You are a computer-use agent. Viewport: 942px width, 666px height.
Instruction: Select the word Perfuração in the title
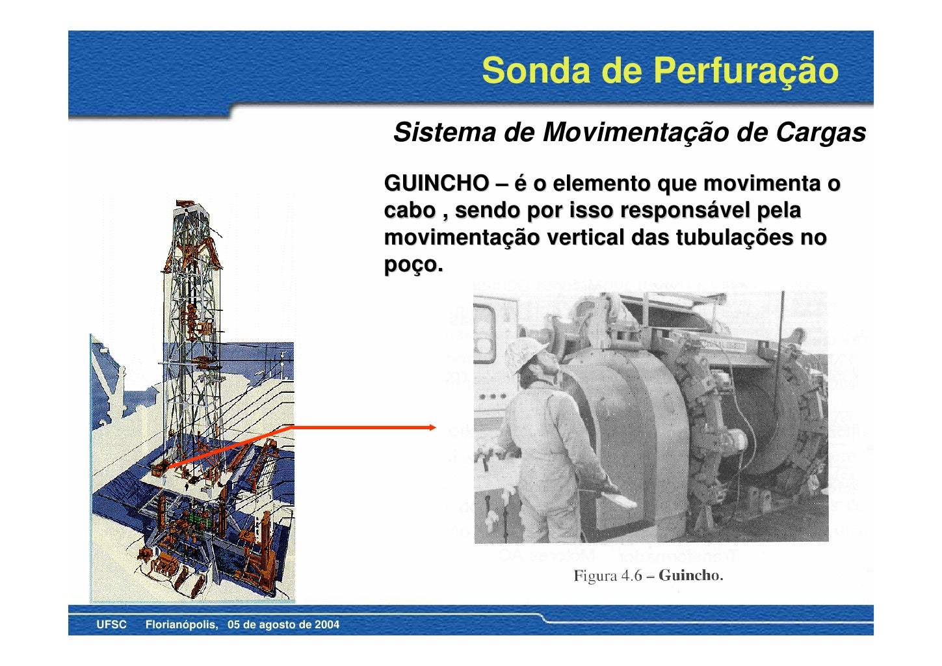pyautogui.click(x=745, y=70)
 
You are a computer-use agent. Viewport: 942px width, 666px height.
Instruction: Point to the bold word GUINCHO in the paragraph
pyautogui.click(x=436, y=183)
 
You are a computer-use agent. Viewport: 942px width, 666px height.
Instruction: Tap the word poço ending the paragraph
pyautogui.click(x=412, y=265)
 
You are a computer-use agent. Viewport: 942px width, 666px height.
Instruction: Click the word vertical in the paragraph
pyautogui.click(x=586, y=238)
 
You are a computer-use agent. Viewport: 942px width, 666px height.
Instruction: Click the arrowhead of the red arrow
pyautogui.click(x=432, y=427)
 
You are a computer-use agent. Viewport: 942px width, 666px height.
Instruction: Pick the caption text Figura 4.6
pyautogui.click(x=607, y=576)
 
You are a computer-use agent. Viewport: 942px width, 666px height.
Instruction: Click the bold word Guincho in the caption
pyautogui.click(x=690, y=576)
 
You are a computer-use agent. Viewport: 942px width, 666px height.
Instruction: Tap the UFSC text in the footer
pyautogui.click(x=111, y=625)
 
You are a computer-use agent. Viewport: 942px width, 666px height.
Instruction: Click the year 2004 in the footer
pyautogui.click(x=326, y=625)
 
